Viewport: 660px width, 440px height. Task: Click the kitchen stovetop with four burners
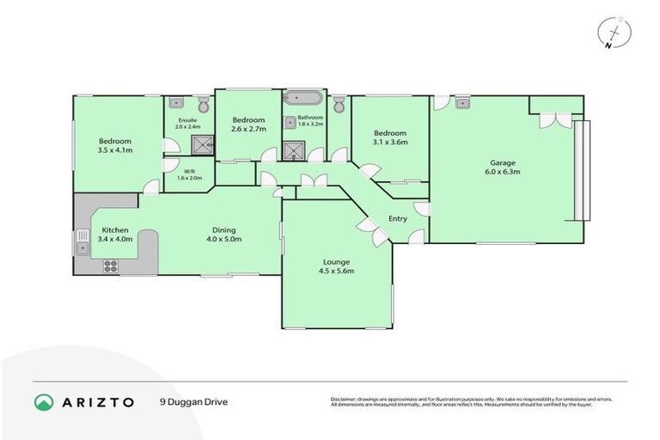[x=110, y=266]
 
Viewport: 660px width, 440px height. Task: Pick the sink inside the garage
[x=462, y=102]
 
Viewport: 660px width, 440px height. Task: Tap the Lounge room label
[x=336, y=266]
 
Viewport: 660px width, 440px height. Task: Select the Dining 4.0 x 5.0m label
[x=224, y=234]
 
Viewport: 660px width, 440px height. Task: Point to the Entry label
[x=398, y=218]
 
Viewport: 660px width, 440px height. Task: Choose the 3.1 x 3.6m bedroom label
[x=389, y=137]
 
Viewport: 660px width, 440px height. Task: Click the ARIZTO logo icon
[x=44, y=401]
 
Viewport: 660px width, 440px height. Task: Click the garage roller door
[x=584, y=169]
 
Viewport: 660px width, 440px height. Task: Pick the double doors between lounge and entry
[x=367, y=227]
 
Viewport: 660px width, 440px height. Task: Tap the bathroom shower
[x=295, y=151]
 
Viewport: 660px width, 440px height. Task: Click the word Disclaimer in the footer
[x=345, y=399]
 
